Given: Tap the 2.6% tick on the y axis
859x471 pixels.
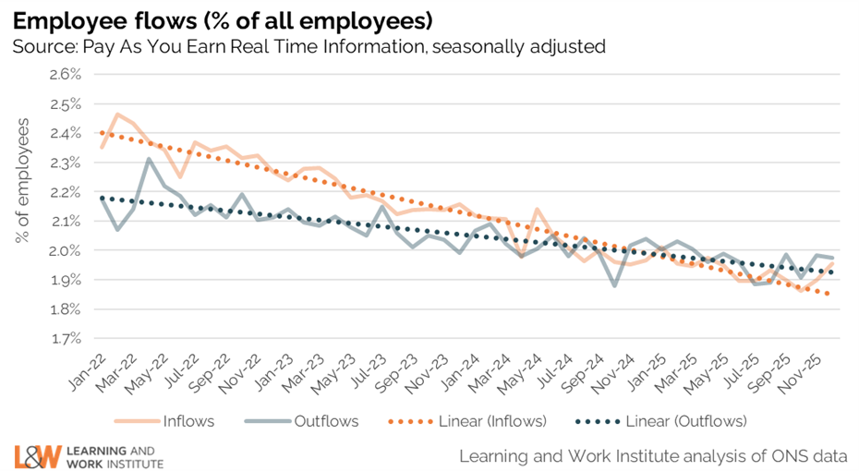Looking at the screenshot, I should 59,74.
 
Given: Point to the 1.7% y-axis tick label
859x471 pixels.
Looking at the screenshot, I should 59,338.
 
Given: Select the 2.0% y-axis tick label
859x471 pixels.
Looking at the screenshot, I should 59,250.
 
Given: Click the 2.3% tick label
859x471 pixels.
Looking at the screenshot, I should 59,162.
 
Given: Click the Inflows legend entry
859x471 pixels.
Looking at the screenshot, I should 188,421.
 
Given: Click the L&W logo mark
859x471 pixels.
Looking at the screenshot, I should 38,455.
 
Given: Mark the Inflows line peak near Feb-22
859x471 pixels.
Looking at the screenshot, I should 117,115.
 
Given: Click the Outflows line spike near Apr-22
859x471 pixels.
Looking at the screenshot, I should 149,159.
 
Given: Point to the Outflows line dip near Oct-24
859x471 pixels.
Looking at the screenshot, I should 613,285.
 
